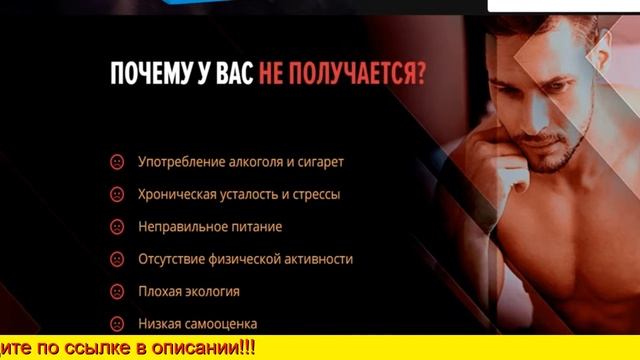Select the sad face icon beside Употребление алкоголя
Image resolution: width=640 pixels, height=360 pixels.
coord(117,162)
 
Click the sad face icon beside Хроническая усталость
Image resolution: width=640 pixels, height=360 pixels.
coord(117,194)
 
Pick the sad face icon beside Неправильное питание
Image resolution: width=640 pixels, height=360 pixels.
coord(117,227)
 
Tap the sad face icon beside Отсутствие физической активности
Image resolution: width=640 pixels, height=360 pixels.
coord(117,259)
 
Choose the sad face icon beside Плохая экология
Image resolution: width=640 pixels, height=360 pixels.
coord(117,292)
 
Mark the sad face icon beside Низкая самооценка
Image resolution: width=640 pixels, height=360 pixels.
coord(117,324)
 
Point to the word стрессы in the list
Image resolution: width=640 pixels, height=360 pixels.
coord(313,194)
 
